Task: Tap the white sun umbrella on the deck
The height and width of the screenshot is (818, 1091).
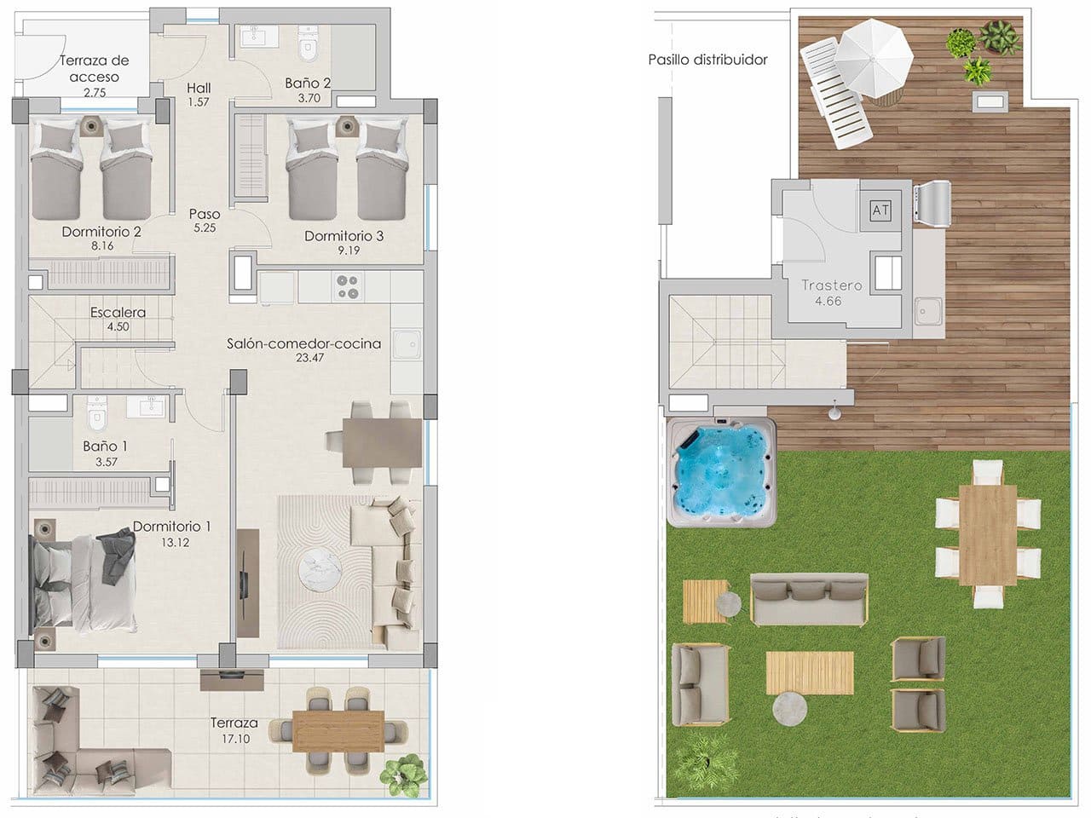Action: pyautogui.click(x=873, y=60)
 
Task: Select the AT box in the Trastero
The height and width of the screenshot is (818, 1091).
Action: pyautogui.click(x=880, y=210)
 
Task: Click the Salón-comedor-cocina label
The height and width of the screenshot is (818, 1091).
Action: pyautogui.click(x=303, y=343)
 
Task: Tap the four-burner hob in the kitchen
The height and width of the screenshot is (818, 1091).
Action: pyautogui.click(x=348, y=286)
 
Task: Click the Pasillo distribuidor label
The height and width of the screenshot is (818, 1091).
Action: pyautogui.click(x=707, y=60)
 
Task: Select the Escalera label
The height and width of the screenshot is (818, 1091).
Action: pyautogui.click(x=118, y=312)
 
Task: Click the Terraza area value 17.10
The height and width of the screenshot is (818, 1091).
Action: pyautogui.click(x=230, y=739)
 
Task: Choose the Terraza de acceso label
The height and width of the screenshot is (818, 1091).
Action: pyautogui.click(x=94, y=68)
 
